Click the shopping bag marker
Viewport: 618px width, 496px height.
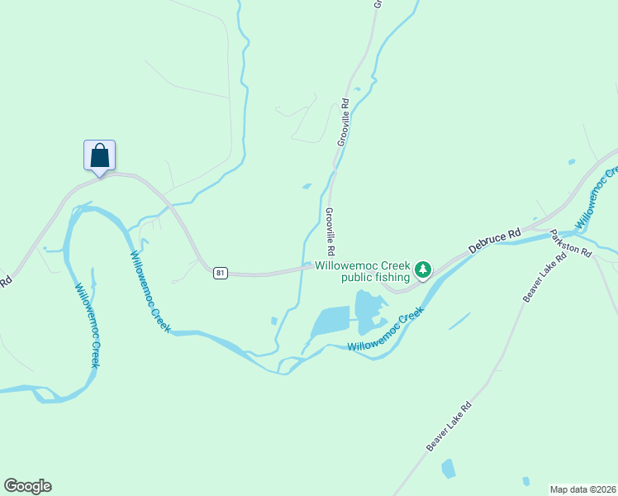click(x=99, y=155)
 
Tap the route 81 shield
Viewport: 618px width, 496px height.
click(x=219, y=273)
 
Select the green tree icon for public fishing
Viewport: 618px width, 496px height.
click(x=423, y=269)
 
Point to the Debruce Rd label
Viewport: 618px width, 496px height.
click(x=494, y=241)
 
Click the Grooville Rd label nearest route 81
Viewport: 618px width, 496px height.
click(x=330, y=231)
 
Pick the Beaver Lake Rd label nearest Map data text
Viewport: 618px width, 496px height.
click(x=449, y=427)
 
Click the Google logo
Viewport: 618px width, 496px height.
click(x=27, y=486)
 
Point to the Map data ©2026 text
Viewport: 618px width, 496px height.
click(x=582, y=489)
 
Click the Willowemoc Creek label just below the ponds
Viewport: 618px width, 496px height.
click(x=386, y=332)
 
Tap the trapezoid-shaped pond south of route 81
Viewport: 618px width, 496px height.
click(x=330, y=320)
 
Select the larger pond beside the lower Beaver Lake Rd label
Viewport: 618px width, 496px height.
click(x=448, y=469)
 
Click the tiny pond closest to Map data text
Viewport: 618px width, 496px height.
click(x=525, y=481)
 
